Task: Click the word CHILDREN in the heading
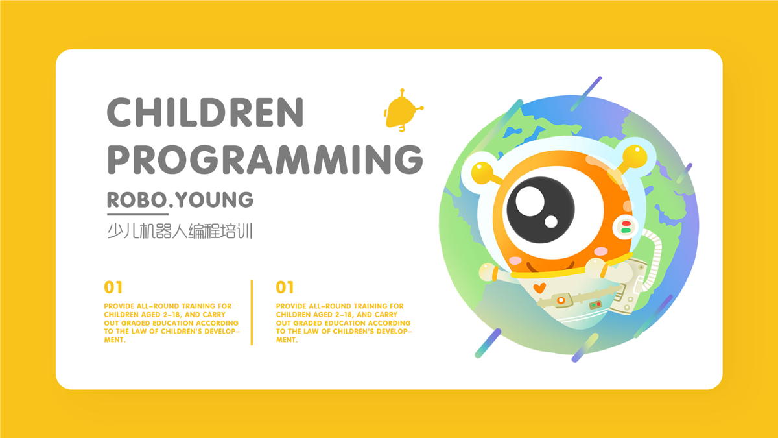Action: [x=206, y=112]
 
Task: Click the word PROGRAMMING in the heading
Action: [x=265, y=160]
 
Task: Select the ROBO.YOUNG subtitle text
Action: [x=180, y=200]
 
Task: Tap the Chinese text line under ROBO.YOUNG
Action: [x=180, y=231]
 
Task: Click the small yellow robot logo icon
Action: [x=403, y=110]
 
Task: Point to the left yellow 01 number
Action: [x=113, y=287]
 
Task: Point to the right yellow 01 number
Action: [x=285, y=287]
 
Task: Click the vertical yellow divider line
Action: [x=252, y=313]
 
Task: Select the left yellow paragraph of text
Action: [x=172, y=323]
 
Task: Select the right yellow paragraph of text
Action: [x=344, y=323]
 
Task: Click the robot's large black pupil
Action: [x=541, y=210]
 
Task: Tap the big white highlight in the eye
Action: [x=530, y=201]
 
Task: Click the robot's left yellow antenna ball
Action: [x=482, y=173]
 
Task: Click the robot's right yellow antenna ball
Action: [x=635, y=157]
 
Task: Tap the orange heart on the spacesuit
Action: [x=539, y=288]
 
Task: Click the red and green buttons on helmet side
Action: [x=626, y=227]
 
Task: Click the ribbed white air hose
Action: [x=653, y=257]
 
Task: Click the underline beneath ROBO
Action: [x=137, y=215]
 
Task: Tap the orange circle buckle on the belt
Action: [x=561, y=300]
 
